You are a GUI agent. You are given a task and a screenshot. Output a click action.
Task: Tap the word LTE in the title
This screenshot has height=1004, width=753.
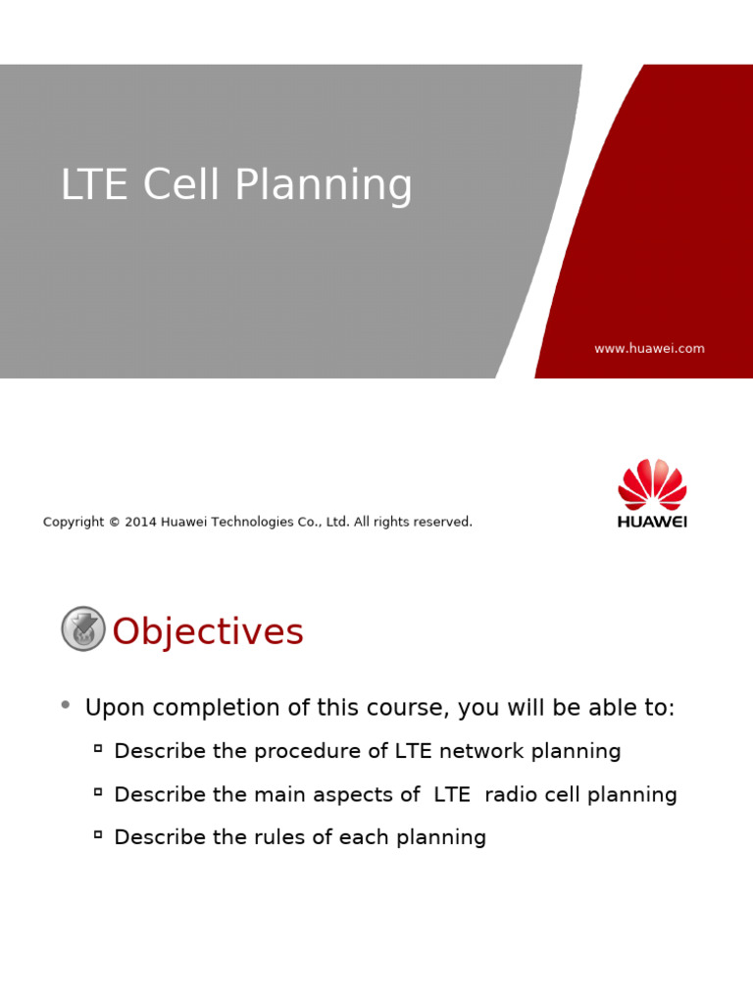pyautogui.click(x=94, y=186)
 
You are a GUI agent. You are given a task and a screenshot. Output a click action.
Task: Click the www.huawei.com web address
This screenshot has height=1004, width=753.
pyautogui.click(x=649, y=349)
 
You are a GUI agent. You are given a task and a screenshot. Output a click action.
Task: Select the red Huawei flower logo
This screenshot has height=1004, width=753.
pyautogui.click(x=652, y=484)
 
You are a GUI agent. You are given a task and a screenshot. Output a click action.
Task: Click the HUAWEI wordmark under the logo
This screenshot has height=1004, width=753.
pyautogui.click(x=652, y=523)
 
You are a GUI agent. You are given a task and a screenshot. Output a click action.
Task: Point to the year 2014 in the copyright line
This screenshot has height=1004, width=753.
pyautogui.click(x=140, y=523)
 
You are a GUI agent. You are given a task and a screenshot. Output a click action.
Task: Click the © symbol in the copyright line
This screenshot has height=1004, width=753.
pyautogui.click(x=114, y=523)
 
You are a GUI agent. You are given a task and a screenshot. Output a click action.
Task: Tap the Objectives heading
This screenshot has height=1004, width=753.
pyautogui.click(x=208, y=632)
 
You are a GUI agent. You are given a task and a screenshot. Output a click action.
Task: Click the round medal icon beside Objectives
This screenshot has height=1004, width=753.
pyautogui.click(x=83, y=628)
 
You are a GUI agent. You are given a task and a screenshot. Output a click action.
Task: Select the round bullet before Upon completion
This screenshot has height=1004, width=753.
pyautogui.click(x=66, y=704)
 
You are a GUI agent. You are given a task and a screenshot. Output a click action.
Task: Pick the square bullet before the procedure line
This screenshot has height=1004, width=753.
pyautogui.click(x=98, y=748)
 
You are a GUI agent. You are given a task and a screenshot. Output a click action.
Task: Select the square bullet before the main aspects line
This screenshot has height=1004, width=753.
pyautogui.click(x=98, y=791)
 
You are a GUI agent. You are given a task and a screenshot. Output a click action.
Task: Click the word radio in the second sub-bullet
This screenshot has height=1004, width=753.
pyautogui.click(x=513, y=795)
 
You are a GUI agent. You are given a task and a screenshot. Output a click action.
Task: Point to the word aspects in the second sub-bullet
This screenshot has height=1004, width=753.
pyautogui.click(x=356, y=795)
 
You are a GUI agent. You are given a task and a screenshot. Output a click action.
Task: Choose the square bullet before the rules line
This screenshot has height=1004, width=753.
pyautogui.click(x=98, y=834)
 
